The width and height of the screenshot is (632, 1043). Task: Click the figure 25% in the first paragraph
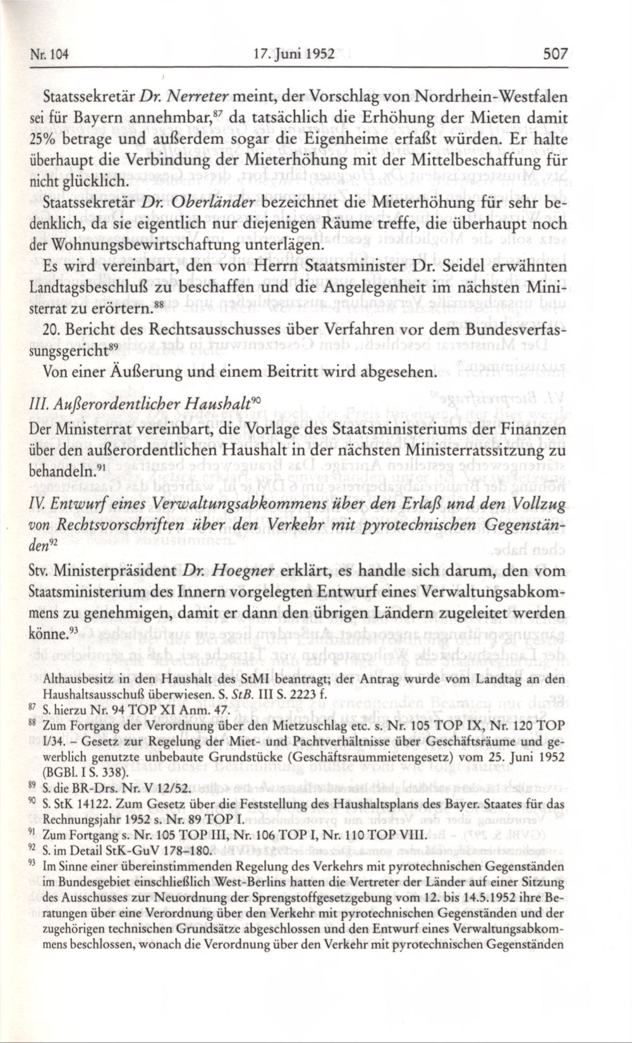(x=43, y=141)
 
